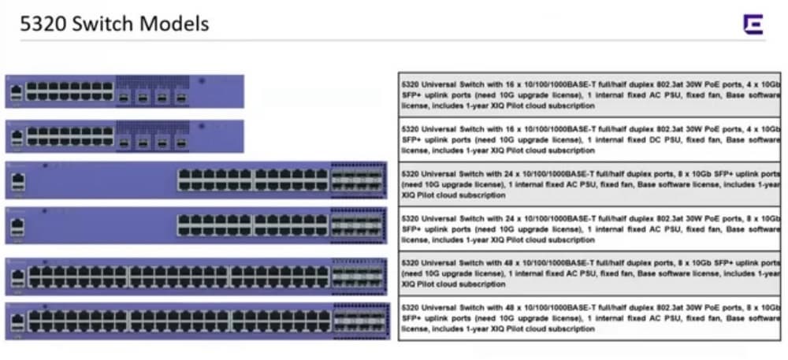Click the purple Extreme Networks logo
pyautogui.click(x=753, y=24)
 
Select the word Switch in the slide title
pyautogui.click(x=100, y=24)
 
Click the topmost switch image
pyautogui.click(x=125, y=91)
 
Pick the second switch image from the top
pyautogui.click(x=125, y=136)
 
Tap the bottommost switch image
pyautogui.click(x=197, y=321)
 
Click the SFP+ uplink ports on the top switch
pyautogui.click(x=153, y=96)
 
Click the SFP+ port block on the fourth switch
pyautogui.click(x=358, y=226)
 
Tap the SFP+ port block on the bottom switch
pyautogui.click(x=358, y=321)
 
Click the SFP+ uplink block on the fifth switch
pyautogui.click(x=358, y=276)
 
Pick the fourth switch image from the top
pyautogui.click(x=197, y=226)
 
